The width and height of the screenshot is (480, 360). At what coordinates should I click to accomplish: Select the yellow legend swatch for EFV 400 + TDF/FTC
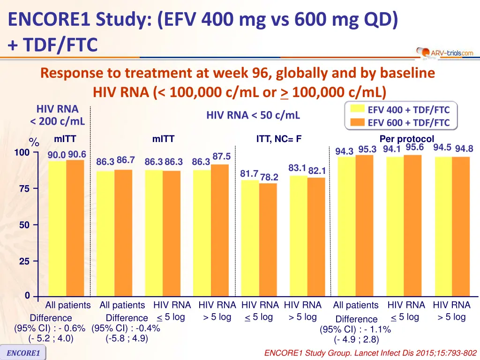(358, 110)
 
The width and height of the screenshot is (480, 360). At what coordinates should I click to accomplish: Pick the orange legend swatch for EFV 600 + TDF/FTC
(358, 123)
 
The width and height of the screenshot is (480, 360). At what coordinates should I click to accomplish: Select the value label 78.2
(269, 177)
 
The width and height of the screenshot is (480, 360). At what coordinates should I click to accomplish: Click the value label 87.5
(221, 156)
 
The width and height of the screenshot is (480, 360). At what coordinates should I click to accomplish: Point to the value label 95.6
(415, 147)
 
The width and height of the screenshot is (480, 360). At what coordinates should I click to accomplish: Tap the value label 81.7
(249, 173)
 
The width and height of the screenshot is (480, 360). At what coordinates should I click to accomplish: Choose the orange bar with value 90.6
(75, 228)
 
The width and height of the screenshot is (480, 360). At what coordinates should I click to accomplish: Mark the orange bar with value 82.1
(316, 237)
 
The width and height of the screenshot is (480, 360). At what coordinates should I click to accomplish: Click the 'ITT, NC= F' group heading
(278, 139)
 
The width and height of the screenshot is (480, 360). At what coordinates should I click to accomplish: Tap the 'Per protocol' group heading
(407, 139)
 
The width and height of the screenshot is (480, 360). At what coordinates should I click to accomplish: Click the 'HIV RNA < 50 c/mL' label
(253, 115)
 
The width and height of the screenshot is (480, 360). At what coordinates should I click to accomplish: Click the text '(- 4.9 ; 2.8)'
(356, 339)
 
